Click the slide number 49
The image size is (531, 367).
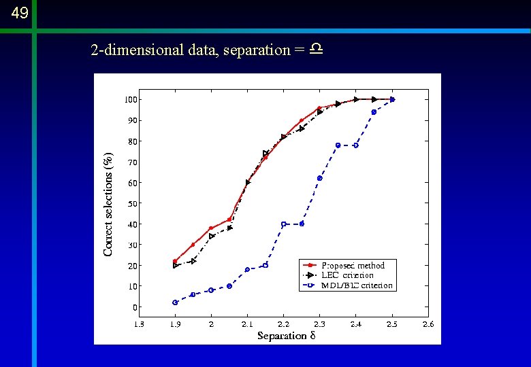point(19,13)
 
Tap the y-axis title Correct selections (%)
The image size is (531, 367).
point(108,204)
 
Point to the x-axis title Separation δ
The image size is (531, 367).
point(287,336)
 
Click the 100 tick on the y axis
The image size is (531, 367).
point(131,100)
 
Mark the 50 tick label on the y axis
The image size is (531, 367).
point(133,203)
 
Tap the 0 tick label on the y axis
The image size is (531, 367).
point(135,307)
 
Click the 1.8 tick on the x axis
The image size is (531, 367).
point(138,324)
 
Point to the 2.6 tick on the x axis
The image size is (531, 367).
point(428,324)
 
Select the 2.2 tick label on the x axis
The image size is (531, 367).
point(283,324)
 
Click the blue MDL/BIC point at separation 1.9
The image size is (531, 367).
point(175,302)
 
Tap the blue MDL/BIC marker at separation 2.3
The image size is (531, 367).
point(319,178)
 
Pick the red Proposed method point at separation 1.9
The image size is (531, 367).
point(175,261)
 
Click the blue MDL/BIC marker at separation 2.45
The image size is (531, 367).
point(374,112)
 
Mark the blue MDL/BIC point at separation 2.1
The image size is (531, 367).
point(247,269)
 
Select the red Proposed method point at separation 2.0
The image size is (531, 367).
point(211,228)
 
